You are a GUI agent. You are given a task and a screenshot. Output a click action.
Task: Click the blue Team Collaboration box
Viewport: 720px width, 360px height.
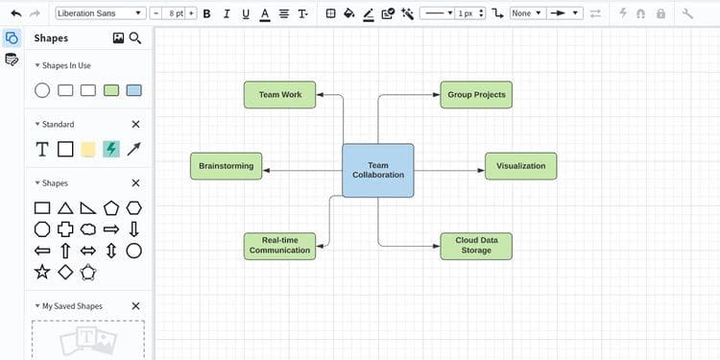point(378,170)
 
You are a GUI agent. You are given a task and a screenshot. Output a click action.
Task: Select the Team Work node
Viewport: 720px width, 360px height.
point(279,95)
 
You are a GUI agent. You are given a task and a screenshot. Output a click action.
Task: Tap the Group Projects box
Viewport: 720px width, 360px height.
point(476,95)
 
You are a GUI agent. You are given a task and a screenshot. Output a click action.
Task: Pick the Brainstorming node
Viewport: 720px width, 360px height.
point(227,166)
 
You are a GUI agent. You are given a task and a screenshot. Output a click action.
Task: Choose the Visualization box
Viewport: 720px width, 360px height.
point(520,166)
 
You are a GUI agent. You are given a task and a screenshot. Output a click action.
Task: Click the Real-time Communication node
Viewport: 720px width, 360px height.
point(279,246)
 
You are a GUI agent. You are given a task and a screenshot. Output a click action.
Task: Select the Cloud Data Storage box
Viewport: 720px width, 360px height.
point(476,246)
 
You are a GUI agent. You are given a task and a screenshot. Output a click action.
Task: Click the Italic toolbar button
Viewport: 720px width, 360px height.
point(226,13)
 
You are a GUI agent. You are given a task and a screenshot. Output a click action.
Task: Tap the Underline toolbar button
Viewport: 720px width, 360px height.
point(246,13)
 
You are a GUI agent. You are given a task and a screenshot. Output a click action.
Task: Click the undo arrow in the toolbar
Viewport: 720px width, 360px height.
point(16,13)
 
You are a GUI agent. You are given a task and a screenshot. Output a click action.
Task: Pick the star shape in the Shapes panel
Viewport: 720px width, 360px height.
point(42,272)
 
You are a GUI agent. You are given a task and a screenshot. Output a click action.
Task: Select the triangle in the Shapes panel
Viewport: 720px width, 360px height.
point(65,208)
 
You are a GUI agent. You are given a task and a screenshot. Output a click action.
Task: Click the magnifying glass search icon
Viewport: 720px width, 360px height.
point(135,38)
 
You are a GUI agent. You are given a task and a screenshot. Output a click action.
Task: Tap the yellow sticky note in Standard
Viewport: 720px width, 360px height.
point(88,149)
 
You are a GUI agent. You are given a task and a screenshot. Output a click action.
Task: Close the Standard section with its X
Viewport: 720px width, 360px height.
point(135,125)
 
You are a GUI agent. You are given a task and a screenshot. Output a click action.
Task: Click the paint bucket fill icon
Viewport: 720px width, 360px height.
point(349,13)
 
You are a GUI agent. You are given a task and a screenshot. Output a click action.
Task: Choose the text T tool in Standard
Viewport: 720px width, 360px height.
point(42,149)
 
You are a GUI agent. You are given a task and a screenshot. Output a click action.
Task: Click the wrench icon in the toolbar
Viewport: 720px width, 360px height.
point(687,13)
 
